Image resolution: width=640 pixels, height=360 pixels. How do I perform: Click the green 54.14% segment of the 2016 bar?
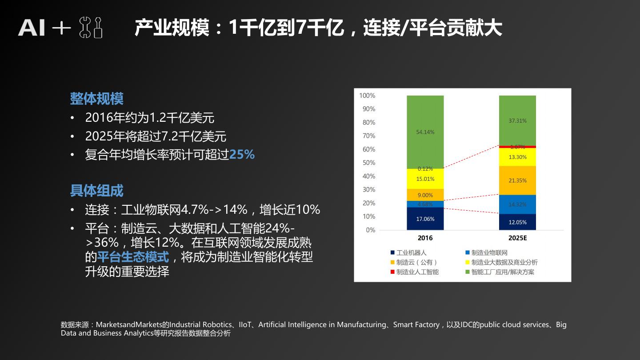(x=425, y=132)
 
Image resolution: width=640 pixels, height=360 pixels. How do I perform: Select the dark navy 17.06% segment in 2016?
(x=425, y=219)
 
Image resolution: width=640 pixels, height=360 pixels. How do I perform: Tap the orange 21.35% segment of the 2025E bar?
(x=517, y=180)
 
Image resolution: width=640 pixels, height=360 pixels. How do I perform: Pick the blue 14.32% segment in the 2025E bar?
(x=517, y=204)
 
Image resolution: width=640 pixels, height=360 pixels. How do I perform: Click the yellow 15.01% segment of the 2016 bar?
(x=425, y=179)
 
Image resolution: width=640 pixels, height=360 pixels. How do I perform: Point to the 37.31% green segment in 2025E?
(x=517, y=120)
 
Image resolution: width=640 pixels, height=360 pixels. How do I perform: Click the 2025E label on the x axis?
(x=517, y=238)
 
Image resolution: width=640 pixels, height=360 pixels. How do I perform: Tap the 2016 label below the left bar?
(x=425, y=238)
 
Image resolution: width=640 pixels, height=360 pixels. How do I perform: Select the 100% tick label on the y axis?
(x=367, y=96)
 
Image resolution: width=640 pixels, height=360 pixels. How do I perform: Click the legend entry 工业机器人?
(x=411, y=253)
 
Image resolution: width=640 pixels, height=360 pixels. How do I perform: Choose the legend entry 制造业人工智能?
(x=417, y=272)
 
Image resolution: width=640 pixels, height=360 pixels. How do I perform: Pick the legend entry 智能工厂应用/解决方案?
(x=502, y=272)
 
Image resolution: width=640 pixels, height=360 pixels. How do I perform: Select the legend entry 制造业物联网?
(x=489, y=253)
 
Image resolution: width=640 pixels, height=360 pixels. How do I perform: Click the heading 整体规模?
(x=96, y=99)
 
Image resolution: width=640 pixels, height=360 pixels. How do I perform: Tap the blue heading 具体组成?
(x=96, y=191)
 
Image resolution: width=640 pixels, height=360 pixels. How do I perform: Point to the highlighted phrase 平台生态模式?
(x=133, y=257)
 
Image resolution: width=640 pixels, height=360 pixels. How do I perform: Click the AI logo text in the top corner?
(x=32, y=28)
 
